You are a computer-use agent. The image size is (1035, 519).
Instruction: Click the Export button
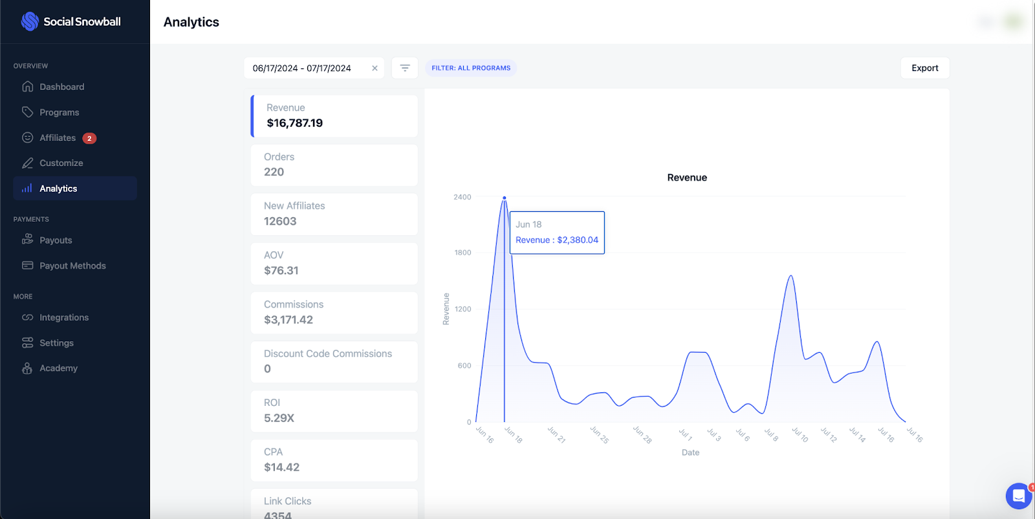924,68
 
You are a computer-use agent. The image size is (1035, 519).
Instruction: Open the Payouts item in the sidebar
56,240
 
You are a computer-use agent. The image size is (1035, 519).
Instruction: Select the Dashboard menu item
61,87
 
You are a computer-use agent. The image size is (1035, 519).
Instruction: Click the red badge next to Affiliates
89,138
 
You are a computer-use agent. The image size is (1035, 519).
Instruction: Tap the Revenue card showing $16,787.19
334,116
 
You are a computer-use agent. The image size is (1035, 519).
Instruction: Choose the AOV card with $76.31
334,264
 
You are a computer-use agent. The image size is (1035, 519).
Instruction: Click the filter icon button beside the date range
405,68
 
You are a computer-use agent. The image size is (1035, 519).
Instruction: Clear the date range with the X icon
375,68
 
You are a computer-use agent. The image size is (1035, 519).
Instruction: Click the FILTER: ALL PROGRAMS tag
471,68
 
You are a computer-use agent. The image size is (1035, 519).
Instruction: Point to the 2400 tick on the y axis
463,197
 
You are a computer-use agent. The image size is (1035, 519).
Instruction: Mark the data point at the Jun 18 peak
505,198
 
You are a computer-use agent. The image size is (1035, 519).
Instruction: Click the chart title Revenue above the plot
687,178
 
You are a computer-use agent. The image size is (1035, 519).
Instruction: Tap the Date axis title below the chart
690,452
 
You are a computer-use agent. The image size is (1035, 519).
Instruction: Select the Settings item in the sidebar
56,343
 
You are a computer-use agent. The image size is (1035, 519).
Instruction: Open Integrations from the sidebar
64,317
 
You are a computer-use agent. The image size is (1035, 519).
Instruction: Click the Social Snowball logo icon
30,21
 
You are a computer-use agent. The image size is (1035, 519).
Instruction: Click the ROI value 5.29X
279,418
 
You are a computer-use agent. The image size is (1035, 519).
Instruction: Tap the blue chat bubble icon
1018,496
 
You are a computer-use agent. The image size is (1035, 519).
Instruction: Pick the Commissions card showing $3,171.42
334,313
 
